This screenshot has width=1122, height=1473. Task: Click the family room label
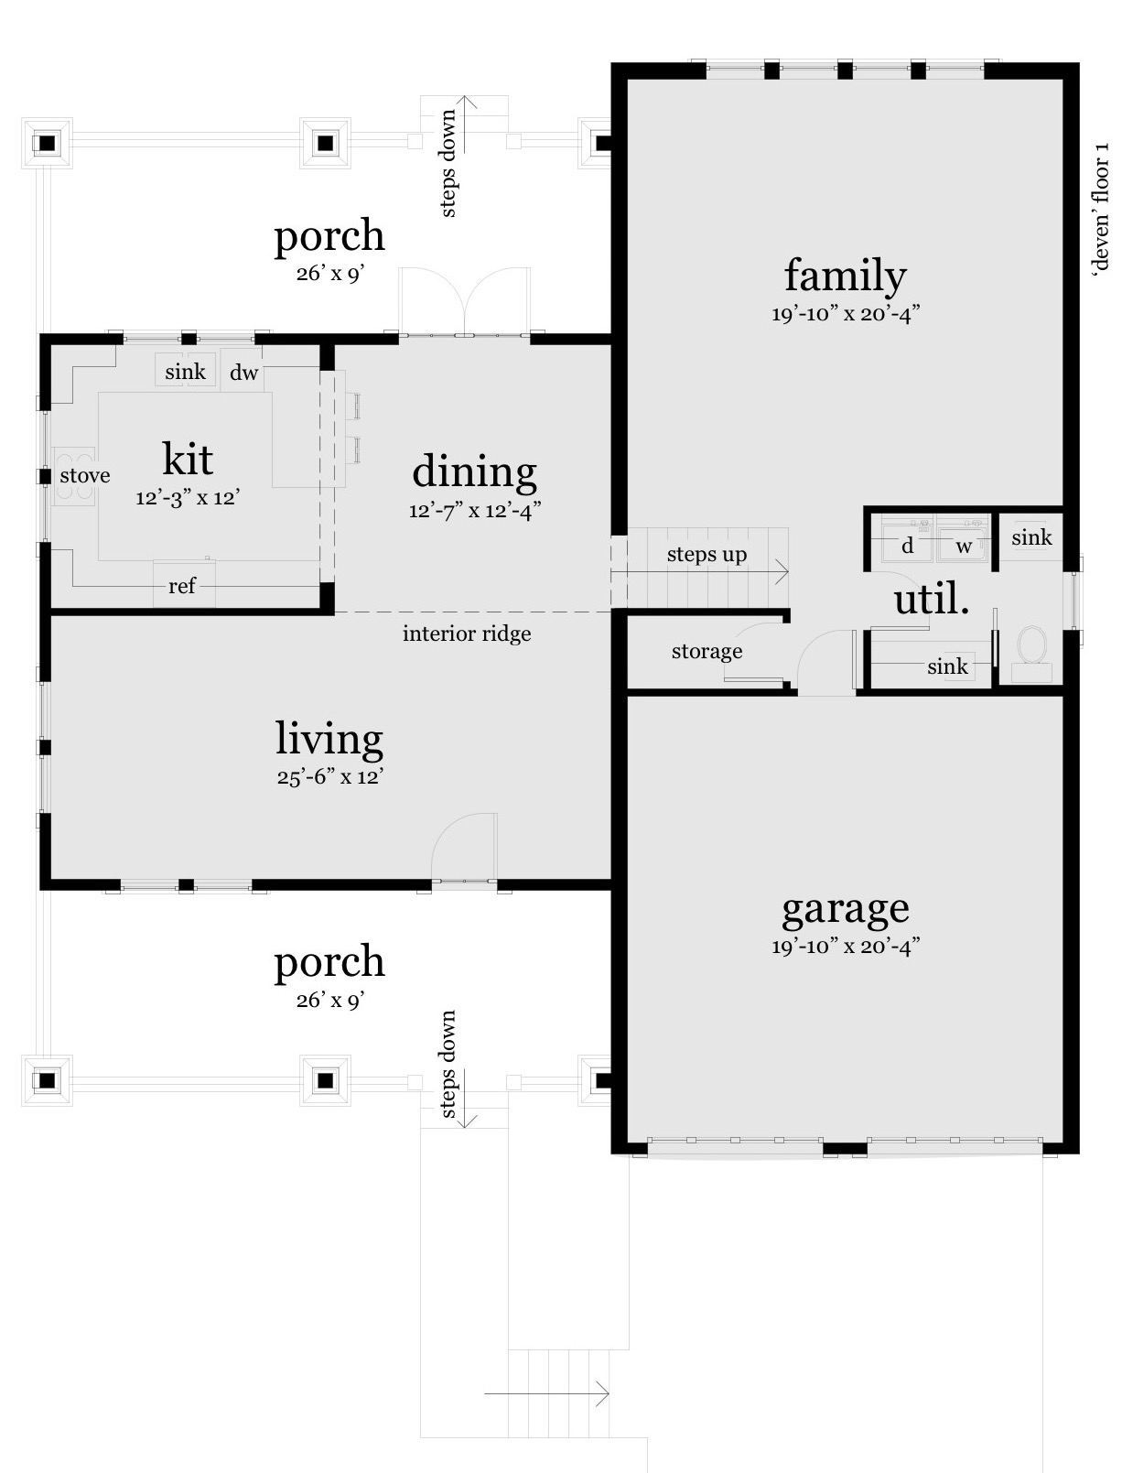[845, 276]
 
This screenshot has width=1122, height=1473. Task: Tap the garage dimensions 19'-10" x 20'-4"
[845, 947]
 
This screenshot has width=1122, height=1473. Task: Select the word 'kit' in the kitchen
[187, 459]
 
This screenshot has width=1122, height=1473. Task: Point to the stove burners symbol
[74, 476]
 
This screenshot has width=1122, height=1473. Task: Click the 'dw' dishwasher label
[243, 373]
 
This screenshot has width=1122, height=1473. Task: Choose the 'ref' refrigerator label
[182, 586]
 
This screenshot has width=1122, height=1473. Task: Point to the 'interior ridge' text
[467, 634]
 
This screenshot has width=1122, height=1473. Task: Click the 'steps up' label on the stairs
[707, 554]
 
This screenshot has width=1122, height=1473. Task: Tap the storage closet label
[707, 651]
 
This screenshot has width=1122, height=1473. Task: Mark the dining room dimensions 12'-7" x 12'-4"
[475, 511]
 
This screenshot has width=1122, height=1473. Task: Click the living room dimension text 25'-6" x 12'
[330, 776]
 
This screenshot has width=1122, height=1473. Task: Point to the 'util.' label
[932, 600]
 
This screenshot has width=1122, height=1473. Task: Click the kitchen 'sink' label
[185, 372]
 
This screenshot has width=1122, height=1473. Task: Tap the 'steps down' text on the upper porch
[448, 163]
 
